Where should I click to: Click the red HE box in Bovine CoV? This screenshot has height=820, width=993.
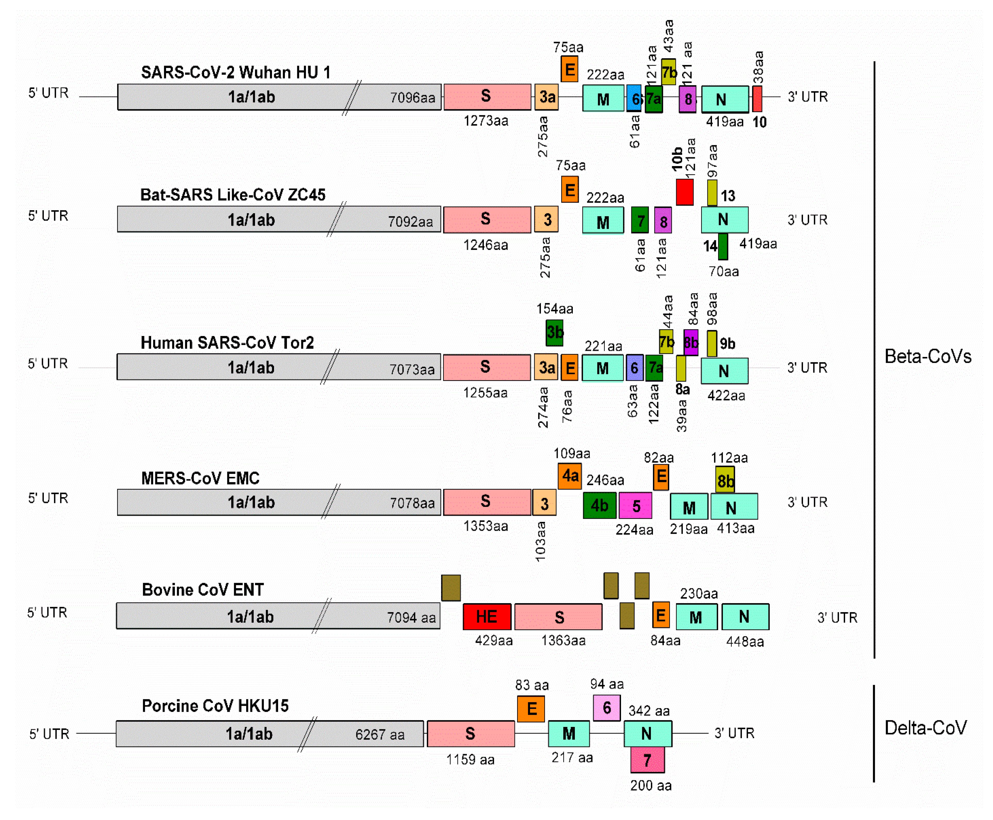coord(486,616)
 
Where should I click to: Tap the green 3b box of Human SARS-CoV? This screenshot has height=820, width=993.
coord(554,333)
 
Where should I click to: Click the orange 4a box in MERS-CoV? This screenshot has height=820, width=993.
coord(569,476)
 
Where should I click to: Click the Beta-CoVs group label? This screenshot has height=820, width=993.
coord(927,356)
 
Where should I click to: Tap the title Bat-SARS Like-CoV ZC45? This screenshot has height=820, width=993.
coord(233,195)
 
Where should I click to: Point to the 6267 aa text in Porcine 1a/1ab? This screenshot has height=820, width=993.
coord(380,734)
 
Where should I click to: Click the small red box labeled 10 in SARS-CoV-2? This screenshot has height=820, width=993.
coord(757,99)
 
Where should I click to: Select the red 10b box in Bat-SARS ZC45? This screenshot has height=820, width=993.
coord(684,192)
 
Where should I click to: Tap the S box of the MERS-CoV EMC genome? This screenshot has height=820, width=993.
coord(486,502)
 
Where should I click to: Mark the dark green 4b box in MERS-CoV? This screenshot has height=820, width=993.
coord(599,505)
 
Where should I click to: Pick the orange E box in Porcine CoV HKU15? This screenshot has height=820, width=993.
coord(531,709)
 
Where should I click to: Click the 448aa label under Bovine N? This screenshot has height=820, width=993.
coord(745,642)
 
